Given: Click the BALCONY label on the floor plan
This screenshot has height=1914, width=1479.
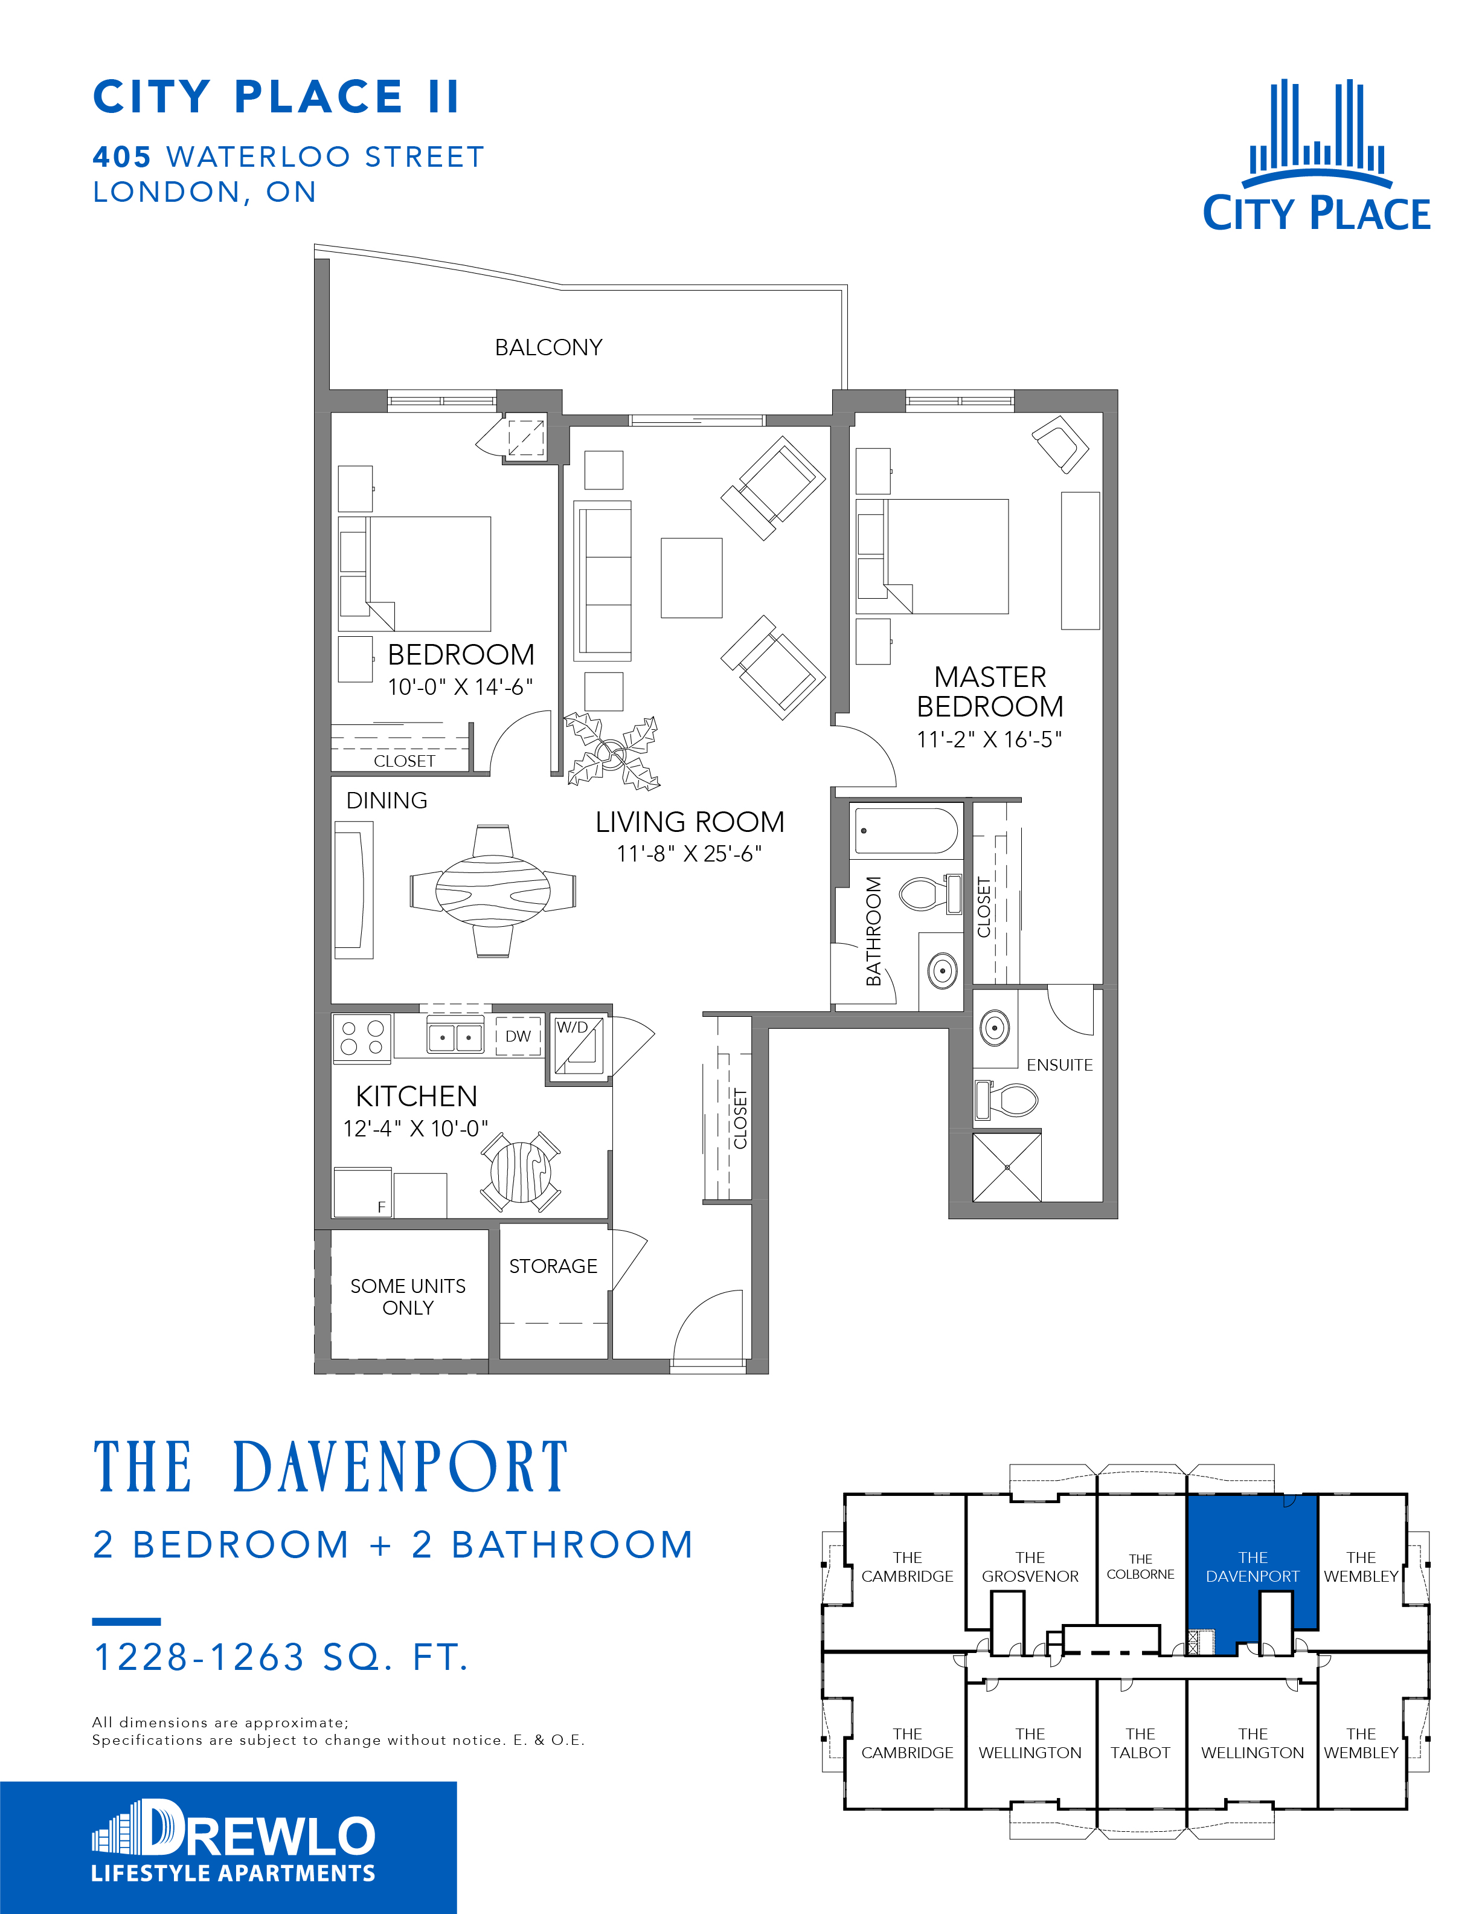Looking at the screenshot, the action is (x=548, y=348).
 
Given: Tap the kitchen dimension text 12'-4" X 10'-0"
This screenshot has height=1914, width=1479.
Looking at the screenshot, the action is (x=415, y=1129).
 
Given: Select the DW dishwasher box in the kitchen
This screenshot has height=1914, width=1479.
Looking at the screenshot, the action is (x=518, y=1036).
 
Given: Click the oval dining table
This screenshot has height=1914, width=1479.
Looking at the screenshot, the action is (x=493, y=891).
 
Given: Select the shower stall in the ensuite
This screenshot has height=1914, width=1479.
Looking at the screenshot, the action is (x=1007, y=1167).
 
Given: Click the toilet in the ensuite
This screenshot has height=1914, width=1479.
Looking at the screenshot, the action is (x=1007, y=1099).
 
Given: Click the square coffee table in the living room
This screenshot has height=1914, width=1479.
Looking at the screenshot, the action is (x=691, y=578).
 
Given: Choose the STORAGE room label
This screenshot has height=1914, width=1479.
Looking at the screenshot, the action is (x=553, y=1266).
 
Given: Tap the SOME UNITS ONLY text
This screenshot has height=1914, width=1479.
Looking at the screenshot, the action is (x=408, y=1297).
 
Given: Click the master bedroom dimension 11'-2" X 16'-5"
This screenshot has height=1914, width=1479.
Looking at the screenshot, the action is (x=989, y=739).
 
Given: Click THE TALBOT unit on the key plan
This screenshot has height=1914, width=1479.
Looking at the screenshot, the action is (x=1141, y=1743).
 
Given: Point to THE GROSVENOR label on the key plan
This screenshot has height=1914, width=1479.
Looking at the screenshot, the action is (x=1030, y=1567).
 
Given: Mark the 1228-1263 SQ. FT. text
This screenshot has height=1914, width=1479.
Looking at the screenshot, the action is (x=281, y=1657).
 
